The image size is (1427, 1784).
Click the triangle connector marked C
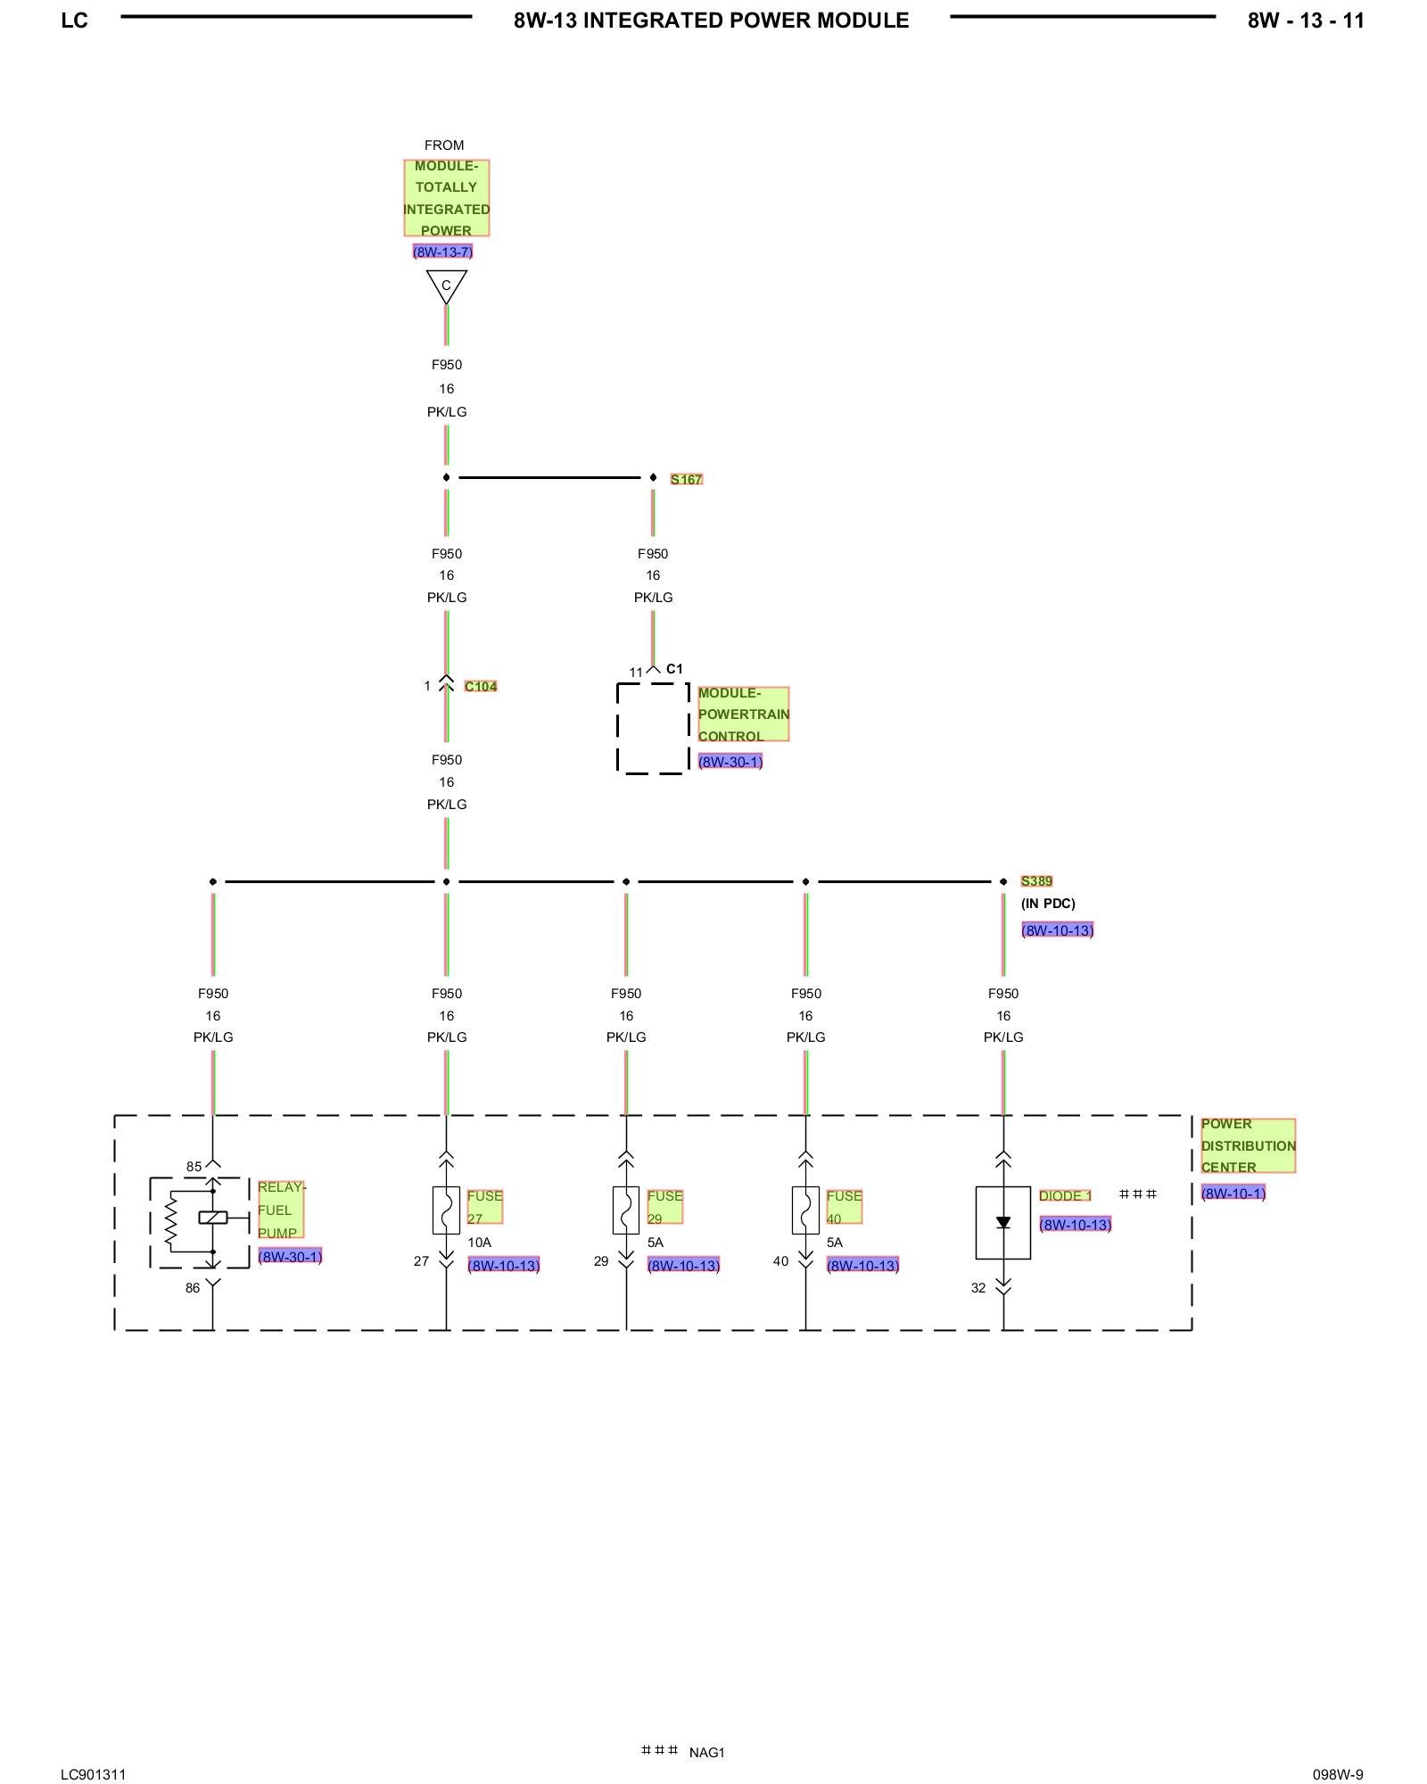[x=446, y=285]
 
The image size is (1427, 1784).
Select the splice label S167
[x=686, y=479]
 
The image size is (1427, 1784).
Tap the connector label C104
[x=480, y=686]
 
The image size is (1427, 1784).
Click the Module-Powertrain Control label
[x=742, y=714]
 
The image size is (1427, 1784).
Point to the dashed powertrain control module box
[x=653, y=729]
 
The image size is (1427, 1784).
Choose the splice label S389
[x=1036, y=881]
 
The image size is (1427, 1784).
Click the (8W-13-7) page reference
[x=442, y=252]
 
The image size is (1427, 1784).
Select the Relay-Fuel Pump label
[x=279, y=1210]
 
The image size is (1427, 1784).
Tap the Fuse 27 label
[x=484, y=1206]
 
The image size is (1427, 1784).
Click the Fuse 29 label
[x=664, y=1206]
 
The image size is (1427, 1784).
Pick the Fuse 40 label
[x=844, y=1206]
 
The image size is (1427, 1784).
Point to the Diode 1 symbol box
[x=1002, y=1222]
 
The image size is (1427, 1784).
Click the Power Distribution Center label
[x=1247, y=1145]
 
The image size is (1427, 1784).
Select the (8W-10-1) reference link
[x=1233, y=1193]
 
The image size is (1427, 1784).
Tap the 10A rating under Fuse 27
[x=479, y=1243]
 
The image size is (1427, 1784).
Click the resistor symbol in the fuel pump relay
[x=172, y=1218]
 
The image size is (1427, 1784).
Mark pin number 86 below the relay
[x=193, y=1287]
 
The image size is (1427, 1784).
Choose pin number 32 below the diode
[x=978, y=1287]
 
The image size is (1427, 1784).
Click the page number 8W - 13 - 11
[x=1305, y=21]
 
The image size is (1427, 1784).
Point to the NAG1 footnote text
[x=706, y=1752]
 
